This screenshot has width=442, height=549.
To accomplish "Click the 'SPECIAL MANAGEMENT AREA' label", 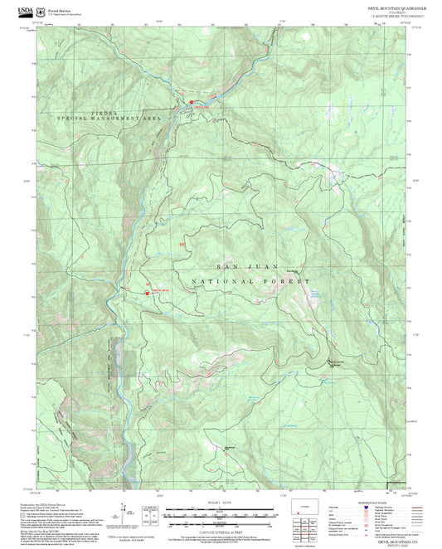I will pos(108,119).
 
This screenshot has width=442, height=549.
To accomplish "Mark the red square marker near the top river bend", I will pos(187,105).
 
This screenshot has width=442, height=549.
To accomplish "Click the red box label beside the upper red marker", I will pos(202,105).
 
